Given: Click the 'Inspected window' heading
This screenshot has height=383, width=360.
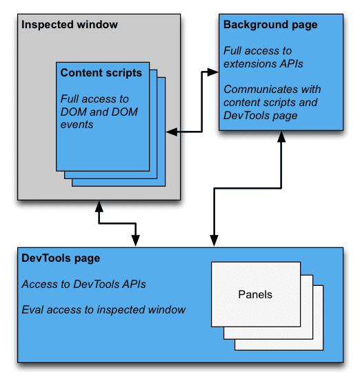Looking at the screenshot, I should click(70, 25).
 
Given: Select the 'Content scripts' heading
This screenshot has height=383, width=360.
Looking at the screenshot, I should click(101, 72).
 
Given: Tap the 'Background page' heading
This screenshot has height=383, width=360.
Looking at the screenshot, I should click(270, 25).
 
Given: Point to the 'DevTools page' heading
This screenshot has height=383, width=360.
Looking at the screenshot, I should click(61, 258).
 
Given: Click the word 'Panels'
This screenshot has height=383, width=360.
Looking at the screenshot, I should click(255, 295).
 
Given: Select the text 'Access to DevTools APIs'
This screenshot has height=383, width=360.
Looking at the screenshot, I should click(84, 284).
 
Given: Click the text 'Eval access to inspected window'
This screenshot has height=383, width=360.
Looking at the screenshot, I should click(103, 310).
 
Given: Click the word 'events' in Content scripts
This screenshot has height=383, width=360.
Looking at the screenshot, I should click(76, 125).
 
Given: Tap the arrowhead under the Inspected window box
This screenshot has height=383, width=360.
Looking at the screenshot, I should click(99, 206).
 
